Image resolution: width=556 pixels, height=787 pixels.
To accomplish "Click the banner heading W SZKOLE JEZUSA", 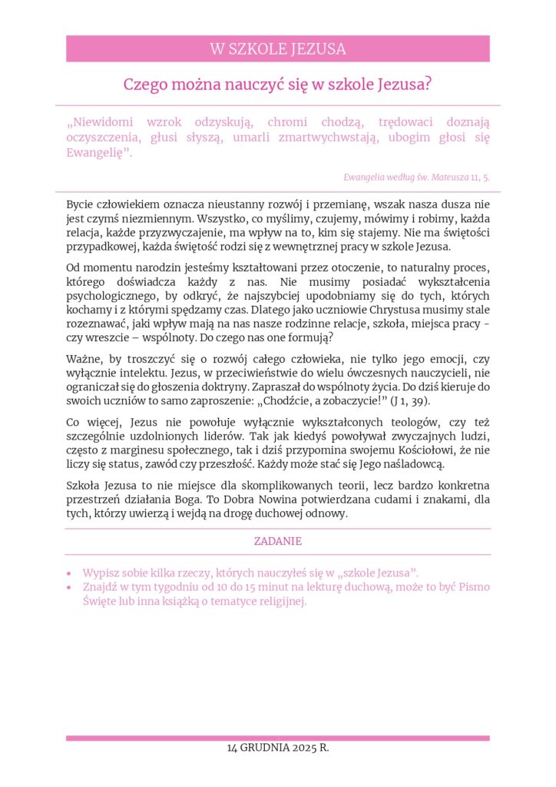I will tap(277, 49).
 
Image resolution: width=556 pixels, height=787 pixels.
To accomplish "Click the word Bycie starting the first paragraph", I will tap(81, 204).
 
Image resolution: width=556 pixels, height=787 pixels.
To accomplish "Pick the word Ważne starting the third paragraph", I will tap(84, 359).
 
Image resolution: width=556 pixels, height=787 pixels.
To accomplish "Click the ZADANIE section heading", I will tap(277, 541).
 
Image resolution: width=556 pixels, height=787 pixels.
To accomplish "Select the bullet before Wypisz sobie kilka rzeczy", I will tap(70, 573).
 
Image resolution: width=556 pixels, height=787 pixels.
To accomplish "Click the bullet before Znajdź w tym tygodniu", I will tap(70, 587).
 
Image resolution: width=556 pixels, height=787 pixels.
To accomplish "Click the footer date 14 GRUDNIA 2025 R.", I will tap(277, 748).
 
